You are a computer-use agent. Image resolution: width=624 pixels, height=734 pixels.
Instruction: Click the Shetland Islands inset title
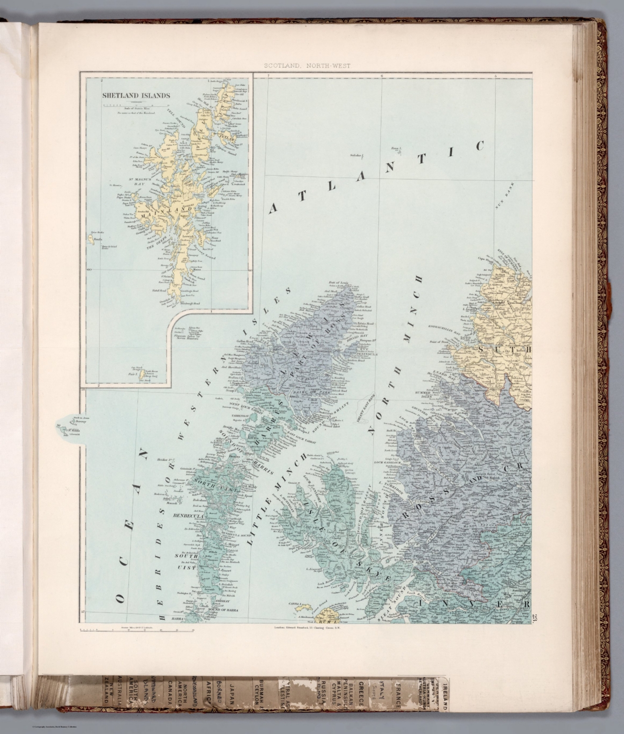[x=136, y=95]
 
